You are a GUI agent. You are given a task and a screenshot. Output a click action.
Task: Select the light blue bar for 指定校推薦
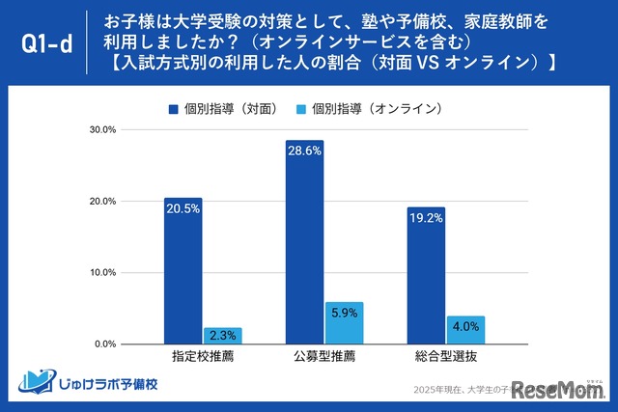click(222, 336)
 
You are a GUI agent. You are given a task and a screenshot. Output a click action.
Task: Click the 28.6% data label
click(304, 151)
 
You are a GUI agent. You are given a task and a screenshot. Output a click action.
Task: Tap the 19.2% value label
click(426, 218)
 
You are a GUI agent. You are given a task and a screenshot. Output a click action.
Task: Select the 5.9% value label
click(344, 313)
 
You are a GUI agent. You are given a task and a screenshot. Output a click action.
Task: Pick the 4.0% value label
click(465, 326)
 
